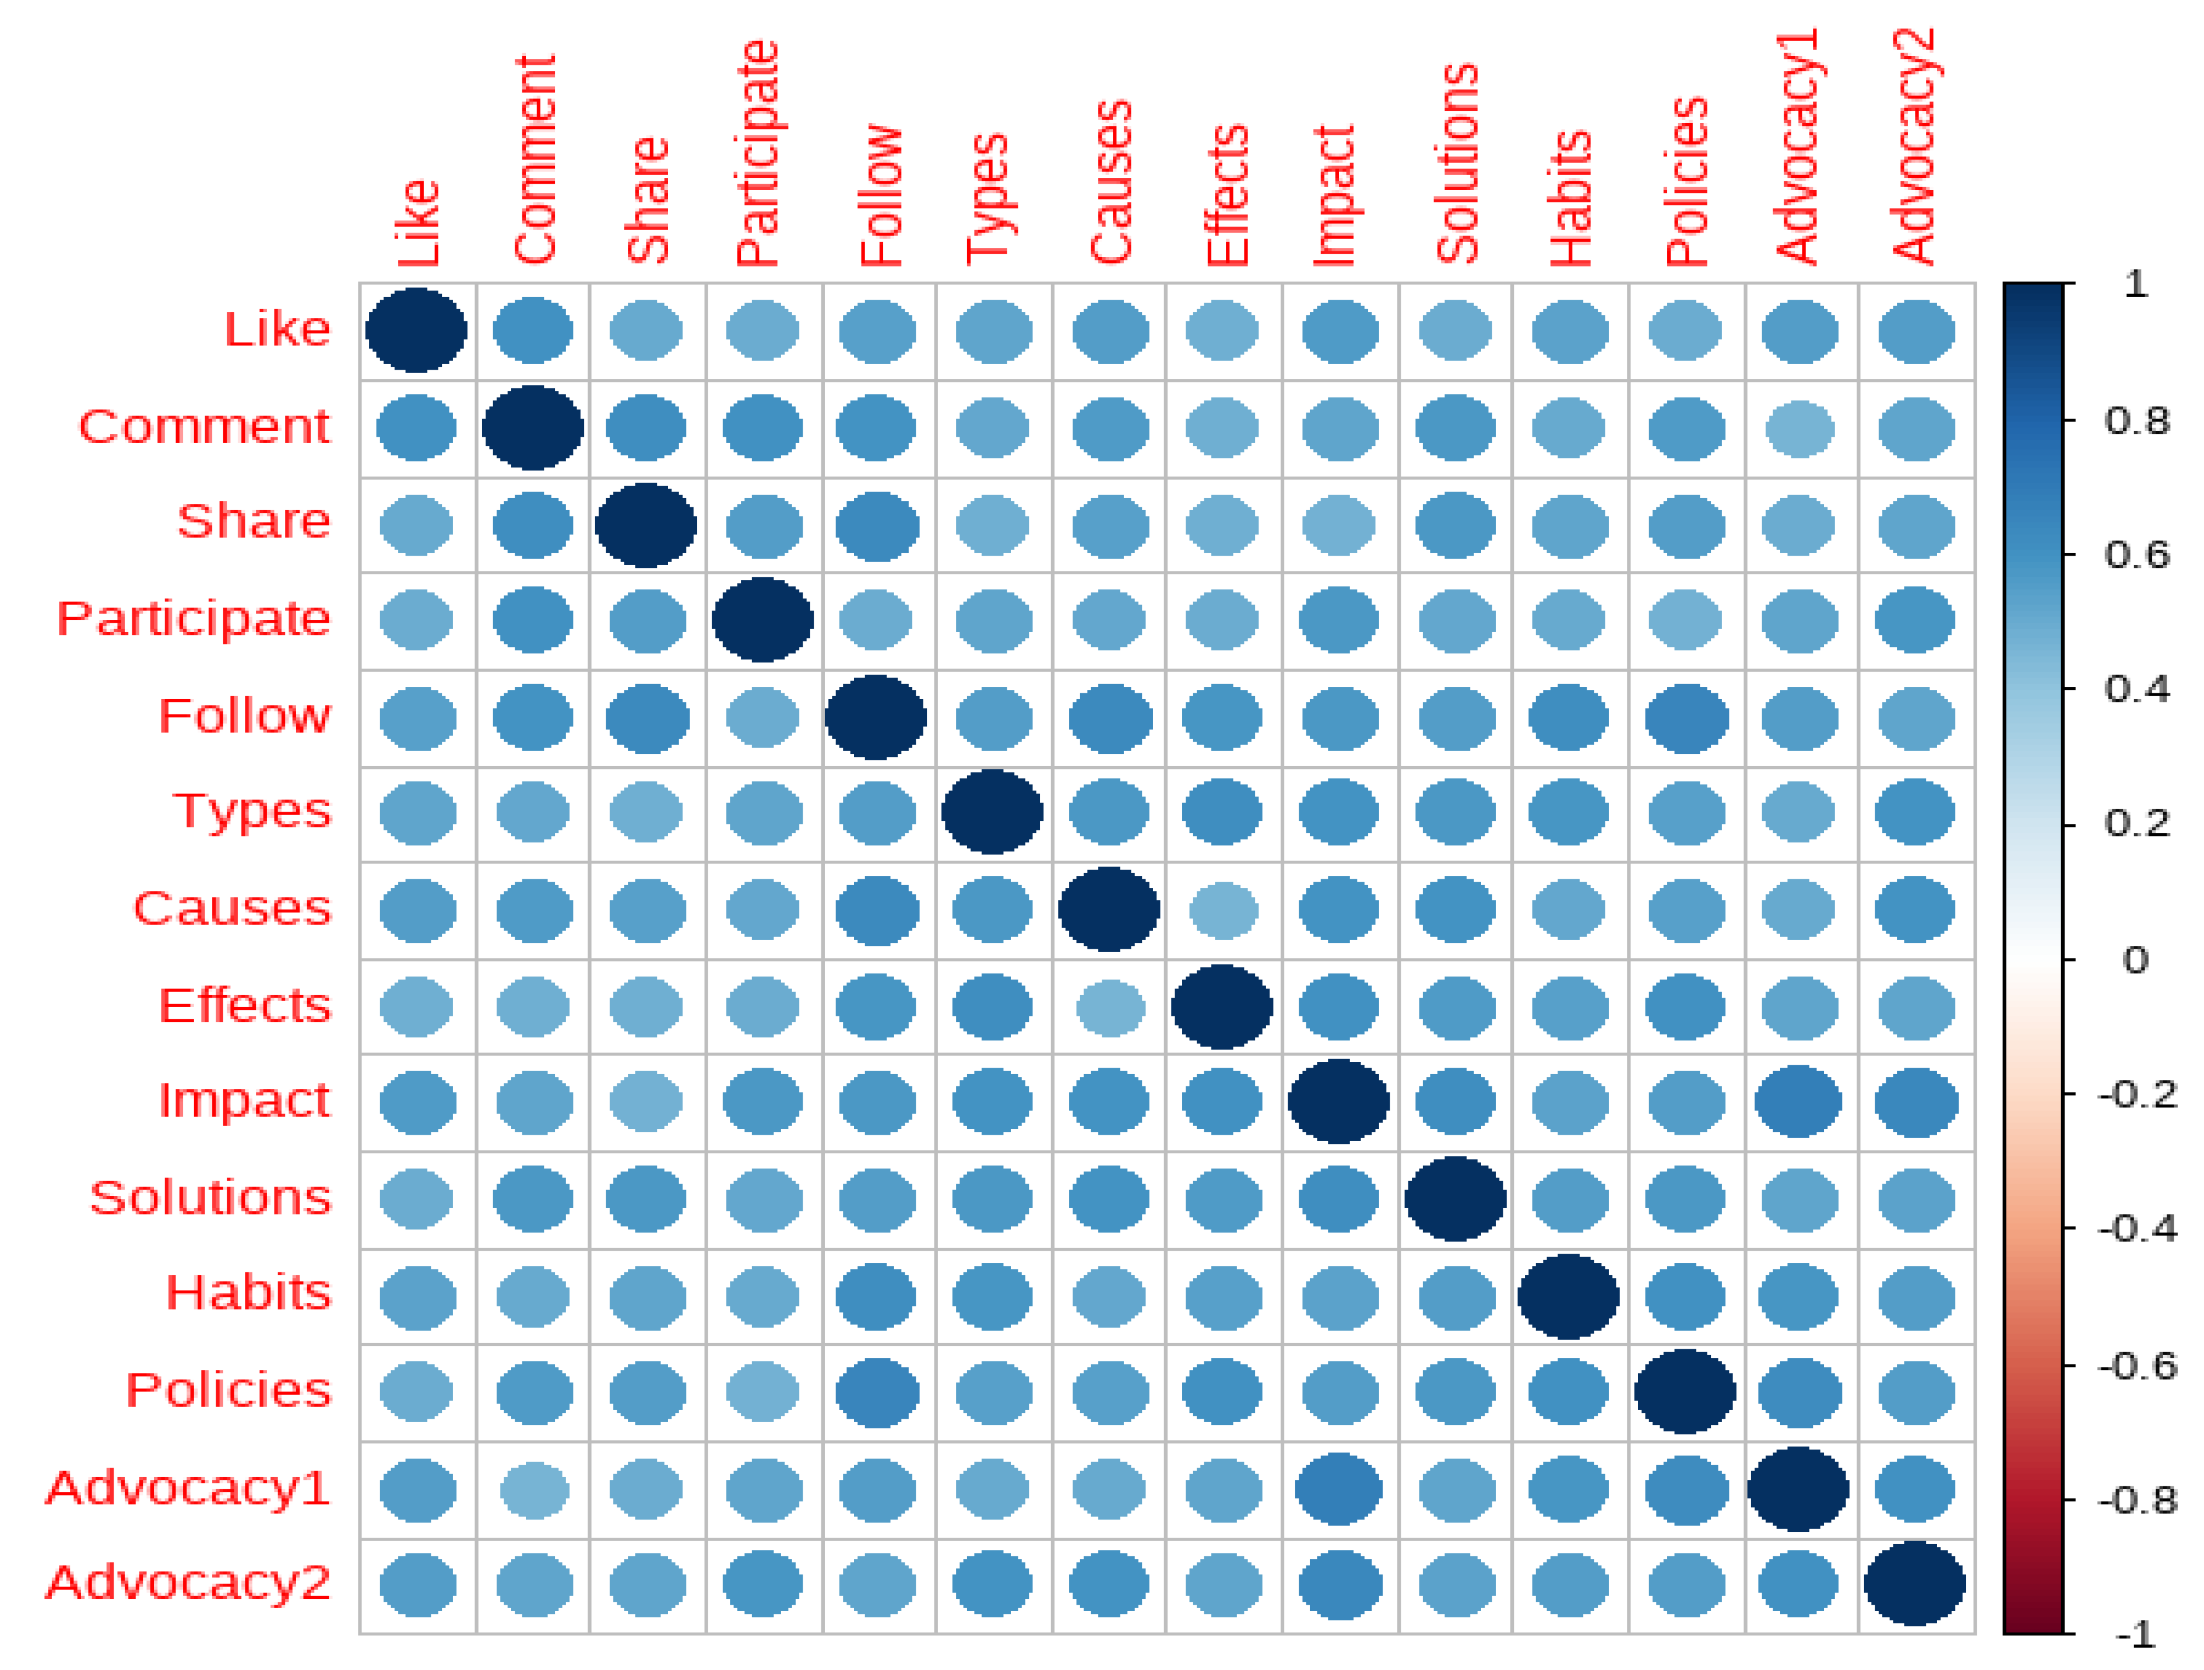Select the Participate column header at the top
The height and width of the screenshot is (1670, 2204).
(x=757, y=155)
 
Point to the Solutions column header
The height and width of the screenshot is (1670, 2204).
(x=1457, y=164)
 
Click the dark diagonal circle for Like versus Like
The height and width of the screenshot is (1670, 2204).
(x=416, y=331)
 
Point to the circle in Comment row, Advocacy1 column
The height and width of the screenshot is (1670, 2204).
(x=1799, y=429)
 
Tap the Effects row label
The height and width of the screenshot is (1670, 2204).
(x=244, y=1005)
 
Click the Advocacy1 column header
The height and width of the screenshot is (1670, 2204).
(x=1799, y=148)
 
